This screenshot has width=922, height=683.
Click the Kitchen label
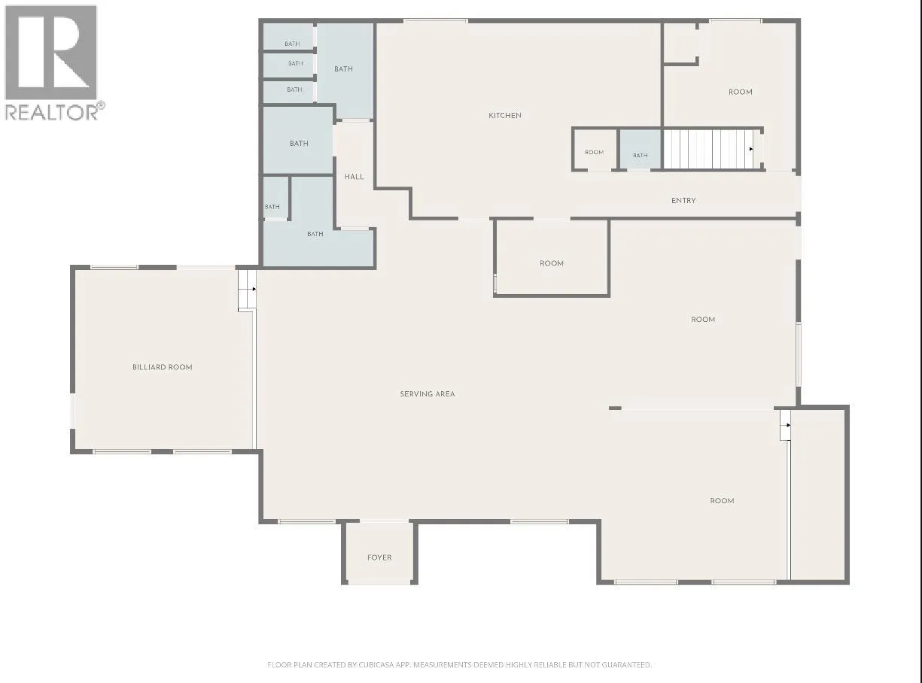coord(504,116)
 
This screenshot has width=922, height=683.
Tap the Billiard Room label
coord(162,367)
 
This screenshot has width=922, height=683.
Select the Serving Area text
coord(428,394)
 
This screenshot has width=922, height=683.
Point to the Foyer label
coord(379,557)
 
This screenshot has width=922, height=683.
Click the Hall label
coord(354,177)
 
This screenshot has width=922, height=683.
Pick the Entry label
coord(683,201)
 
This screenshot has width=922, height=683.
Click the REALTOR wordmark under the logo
coord(54,111)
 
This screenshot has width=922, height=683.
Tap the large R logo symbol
coord(50,53)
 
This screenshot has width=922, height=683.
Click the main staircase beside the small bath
coord(713,149)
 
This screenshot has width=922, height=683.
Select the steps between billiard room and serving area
coord(247,290)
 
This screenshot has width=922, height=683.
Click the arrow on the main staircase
coord(751,149)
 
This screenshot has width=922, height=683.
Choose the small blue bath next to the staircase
coord(641,150)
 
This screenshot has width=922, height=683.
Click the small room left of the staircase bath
coord(594,150)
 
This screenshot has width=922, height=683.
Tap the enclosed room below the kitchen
coord(552,257)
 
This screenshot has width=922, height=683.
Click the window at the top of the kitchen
coord(436,21)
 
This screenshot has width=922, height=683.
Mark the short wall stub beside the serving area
coord(615,408)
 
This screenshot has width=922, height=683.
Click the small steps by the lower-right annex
coord(785,425)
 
